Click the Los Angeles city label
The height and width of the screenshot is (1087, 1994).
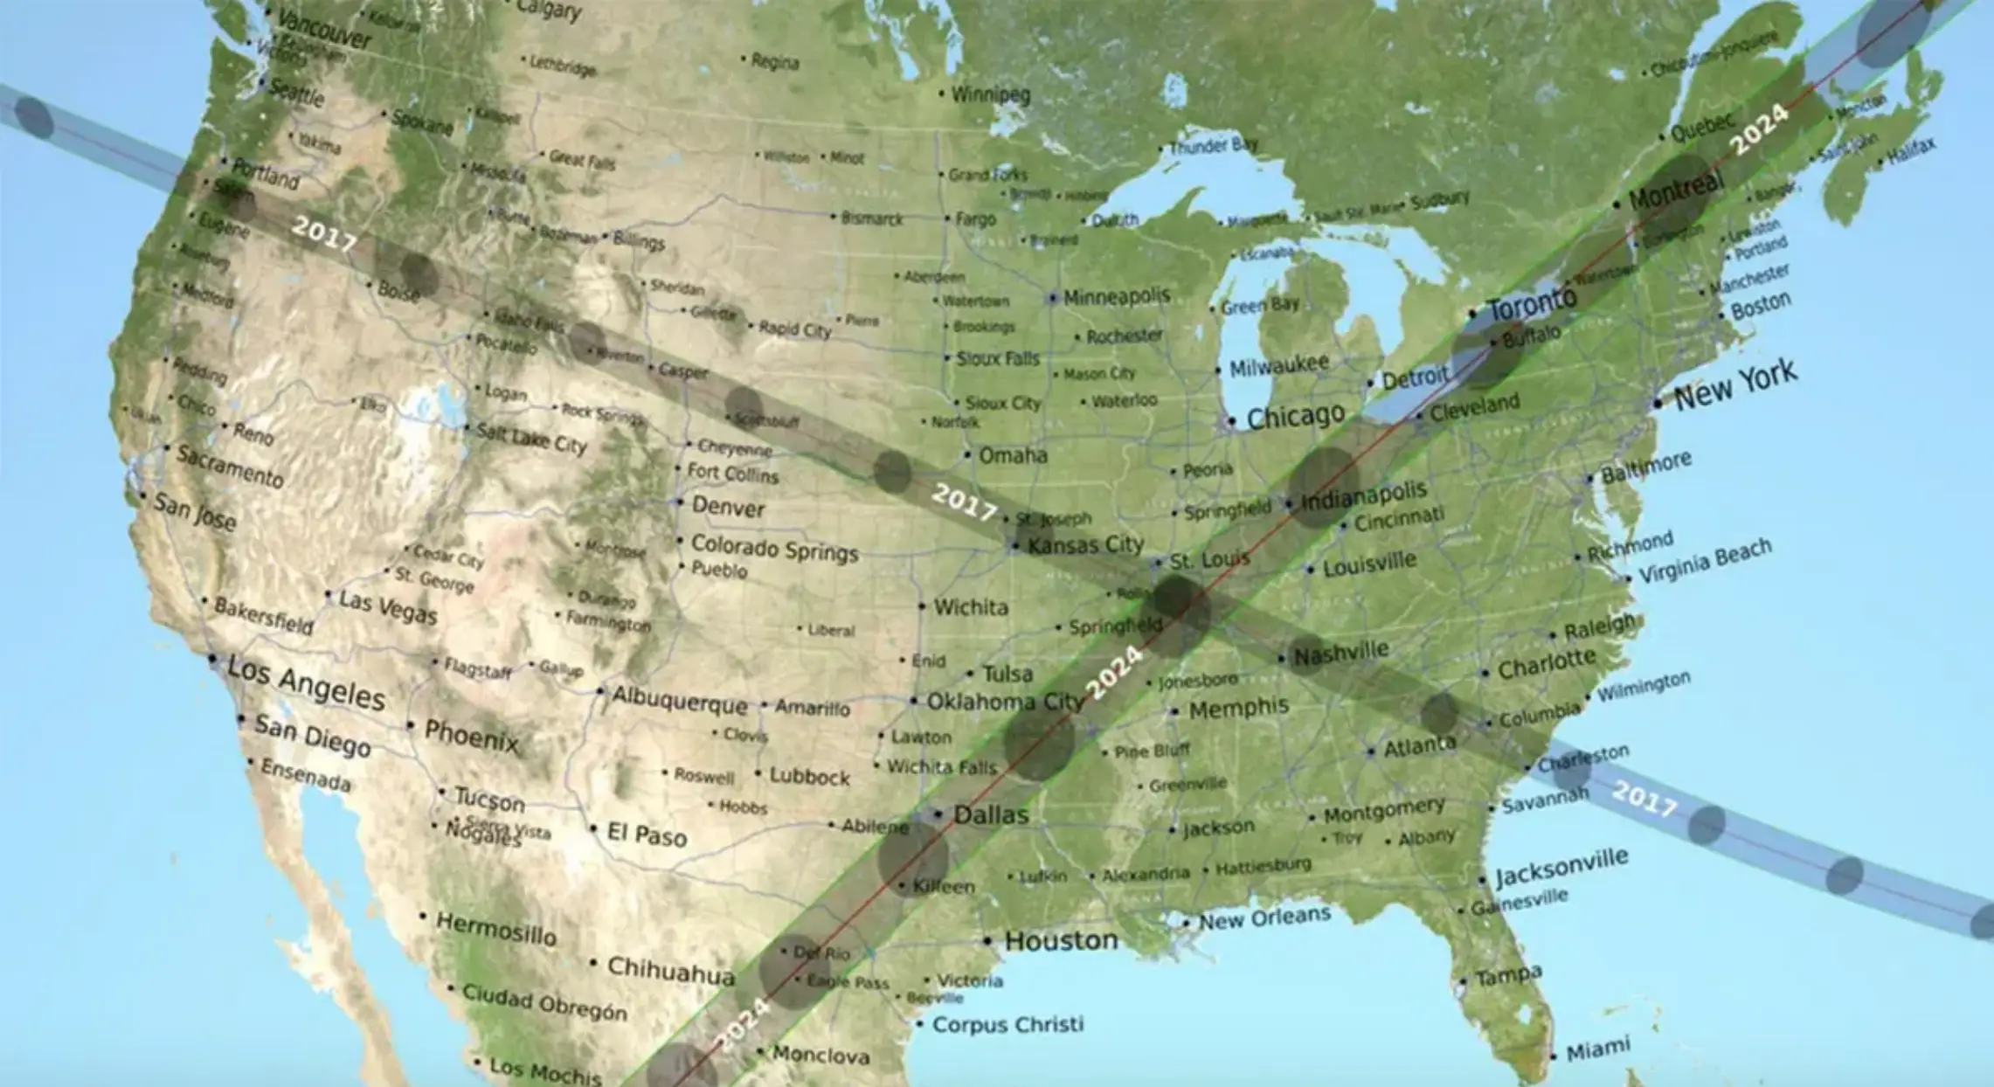coord(306,682)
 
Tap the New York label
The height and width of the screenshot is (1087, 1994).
coord(1735,384)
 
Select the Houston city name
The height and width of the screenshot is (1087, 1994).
coord(1061,940)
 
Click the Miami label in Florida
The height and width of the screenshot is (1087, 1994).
coord(1597,1049)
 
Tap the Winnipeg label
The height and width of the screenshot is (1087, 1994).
coord(990,93)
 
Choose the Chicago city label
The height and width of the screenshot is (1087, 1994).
coord(1295,417)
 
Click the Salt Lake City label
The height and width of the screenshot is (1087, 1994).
coord(531,438)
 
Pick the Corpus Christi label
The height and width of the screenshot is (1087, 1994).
coord(1007,1024)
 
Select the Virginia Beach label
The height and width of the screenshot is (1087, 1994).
coord(1704,560)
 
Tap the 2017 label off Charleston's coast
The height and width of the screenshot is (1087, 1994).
coord(1644,798)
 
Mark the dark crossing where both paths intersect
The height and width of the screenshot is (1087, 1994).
coord(1180,609)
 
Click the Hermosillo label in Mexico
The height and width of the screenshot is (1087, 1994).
coord(495,929)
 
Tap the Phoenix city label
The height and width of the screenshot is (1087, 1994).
coord(471,736)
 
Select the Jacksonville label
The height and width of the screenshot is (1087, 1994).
coord(1561,866)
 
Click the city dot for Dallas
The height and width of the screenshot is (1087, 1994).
coord(938,814)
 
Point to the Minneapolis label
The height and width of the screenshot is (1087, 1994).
coord(1116,296)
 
